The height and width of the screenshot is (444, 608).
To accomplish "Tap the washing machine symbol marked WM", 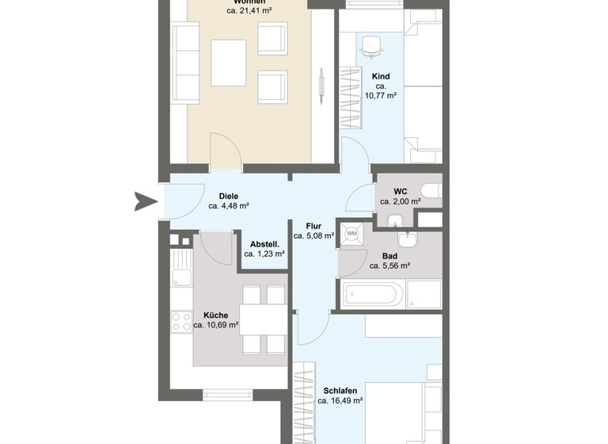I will click(x=351, y=233).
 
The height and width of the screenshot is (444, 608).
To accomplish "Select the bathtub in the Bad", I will click(x=373, y=295).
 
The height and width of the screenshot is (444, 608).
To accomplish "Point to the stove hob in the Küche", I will click(x=181, y=322).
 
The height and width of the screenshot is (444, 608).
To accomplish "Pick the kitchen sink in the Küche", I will click(x=181, y=277).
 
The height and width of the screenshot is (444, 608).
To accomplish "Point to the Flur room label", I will click(x=313, y=226).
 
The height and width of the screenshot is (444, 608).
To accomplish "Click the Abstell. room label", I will click(x=264, y=244).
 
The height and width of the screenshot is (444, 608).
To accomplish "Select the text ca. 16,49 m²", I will click(x=340, y=401).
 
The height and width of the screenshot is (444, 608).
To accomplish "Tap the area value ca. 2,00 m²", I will click(x=400, y=201).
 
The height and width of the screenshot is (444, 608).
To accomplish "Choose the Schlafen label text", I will click(x=340, y=391).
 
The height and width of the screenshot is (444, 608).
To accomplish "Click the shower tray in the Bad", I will click(x=424, y=294).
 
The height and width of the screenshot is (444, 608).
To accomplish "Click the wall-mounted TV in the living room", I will click(x=321, y=86).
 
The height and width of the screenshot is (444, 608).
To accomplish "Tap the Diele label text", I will click(x=229, y=196).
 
